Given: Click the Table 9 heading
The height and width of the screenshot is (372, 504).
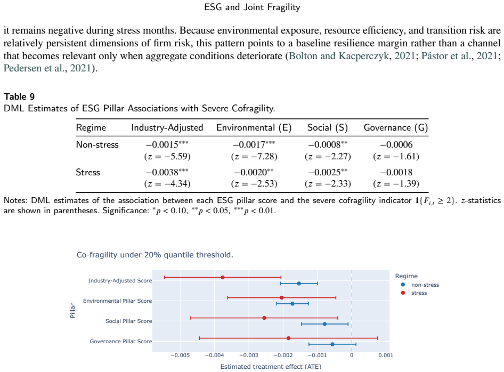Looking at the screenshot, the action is pos(19,96).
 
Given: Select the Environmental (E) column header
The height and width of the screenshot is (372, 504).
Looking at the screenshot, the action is pos(254,128).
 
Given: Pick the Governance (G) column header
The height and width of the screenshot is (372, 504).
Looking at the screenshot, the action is pos(396,128).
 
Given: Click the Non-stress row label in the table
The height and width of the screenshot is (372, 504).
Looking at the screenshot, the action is pos(97,144).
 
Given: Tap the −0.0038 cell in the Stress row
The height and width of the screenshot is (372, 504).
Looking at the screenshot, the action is pos(167,172).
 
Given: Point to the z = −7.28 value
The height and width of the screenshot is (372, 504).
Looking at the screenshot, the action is pos(254,157).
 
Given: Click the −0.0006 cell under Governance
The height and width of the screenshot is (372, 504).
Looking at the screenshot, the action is pos(396,144).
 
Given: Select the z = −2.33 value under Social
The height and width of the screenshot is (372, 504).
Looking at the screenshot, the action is pos(328,183).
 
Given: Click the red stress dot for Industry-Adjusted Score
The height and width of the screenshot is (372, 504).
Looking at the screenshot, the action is pos(223,277).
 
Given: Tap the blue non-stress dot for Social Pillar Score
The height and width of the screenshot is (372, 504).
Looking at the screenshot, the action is pos(324,324).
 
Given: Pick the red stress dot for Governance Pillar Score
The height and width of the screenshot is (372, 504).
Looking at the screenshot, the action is pos(288,338).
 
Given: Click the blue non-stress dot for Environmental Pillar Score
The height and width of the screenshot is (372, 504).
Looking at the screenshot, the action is pos(292,304).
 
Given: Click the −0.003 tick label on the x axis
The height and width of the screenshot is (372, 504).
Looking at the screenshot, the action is pos(248,355).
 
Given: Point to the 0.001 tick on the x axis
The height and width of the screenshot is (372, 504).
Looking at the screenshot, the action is pos(386,355).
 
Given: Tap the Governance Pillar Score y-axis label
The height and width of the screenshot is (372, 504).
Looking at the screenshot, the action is pos(121,342).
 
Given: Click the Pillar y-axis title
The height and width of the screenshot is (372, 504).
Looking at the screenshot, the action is pos(72,310).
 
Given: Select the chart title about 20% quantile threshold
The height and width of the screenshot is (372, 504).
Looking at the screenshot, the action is pos(155,255).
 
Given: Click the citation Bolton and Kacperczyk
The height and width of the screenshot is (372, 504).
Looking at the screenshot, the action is pos(339,56).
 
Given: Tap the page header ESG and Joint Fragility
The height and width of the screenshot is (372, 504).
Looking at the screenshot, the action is pos(252,7).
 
